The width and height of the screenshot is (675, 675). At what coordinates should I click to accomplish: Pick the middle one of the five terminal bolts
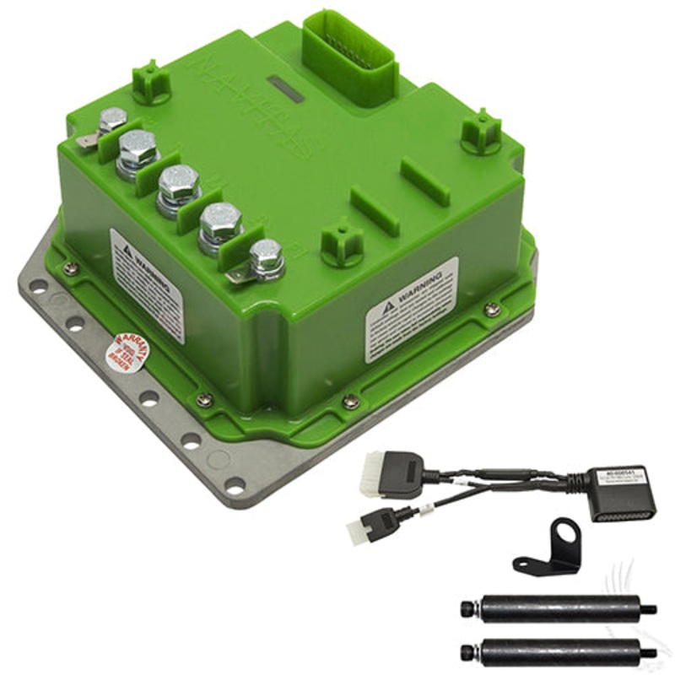coord(180,185)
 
